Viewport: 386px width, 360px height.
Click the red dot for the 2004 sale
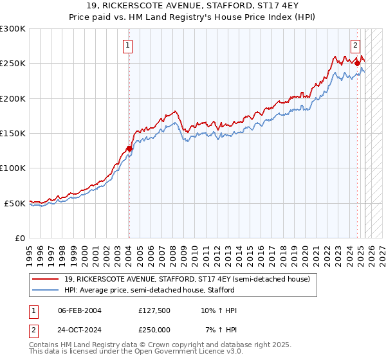[x=129, y=148]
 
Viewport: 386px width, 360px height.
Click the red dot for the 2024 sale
[x=356, y=63]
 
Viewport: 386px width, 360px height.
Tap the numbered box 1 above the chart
[x=129, y=46]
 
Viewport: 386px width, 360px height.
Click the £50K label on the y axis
[x=15, y=203]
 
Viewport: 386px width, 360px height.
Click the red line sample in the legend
[x=45, y=279]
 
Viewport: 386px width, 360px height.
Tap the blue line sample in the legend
[x=45, y=290]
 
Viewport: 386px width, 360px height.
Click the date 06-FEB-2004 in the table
[x=80, y=311]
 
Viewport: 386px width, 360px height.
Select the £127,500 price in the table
[x=155, y=311]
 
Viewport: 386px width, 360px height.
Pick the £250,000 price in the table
[x=155, y=329]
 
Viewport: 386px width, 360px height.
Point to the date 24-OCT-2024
[x=80, y=329]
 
